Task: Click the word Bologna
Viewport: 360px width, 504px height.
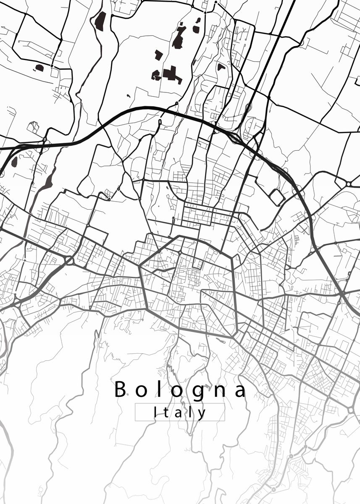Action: click(x=180, y=389)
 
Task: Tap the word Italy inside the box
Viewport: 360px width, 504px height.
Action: click(x=180, y=412)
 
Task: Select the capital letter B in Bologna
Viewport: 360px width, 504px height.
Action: click(x=120, y=389)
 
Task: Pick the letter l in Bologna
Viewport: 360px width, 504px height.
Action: click(x=160, y=388)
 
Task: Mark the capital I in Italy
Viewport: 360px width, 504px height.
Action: click(x=155, y=412)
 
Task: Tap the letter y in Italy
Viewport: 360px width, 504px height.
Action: click(x=203, y=414)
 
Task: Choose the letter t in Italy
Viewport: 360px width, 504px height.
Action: click(x=167, y=412)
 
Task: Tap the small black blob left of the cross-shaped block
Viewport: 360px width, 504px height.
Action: click(x=156, y=76)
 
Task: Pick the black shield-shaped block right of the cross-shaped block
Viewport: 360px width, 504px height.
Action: click(x=221, y=66)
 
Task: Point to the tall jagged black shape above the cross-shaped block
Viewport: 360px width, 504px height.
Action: click(x=179, y=38)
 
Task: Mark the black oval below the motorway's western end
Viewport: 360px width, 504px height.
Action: click(x=14, y=161)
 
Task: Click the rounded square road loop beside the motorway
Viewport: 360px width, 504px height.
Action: click(x=277, y=197)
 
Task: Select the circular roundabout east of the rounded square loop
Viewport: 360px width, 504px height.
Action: click(x=349, y=184)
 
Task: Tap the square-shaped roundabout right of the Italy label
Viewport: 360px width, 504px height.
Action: click(x=351, y=409)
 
